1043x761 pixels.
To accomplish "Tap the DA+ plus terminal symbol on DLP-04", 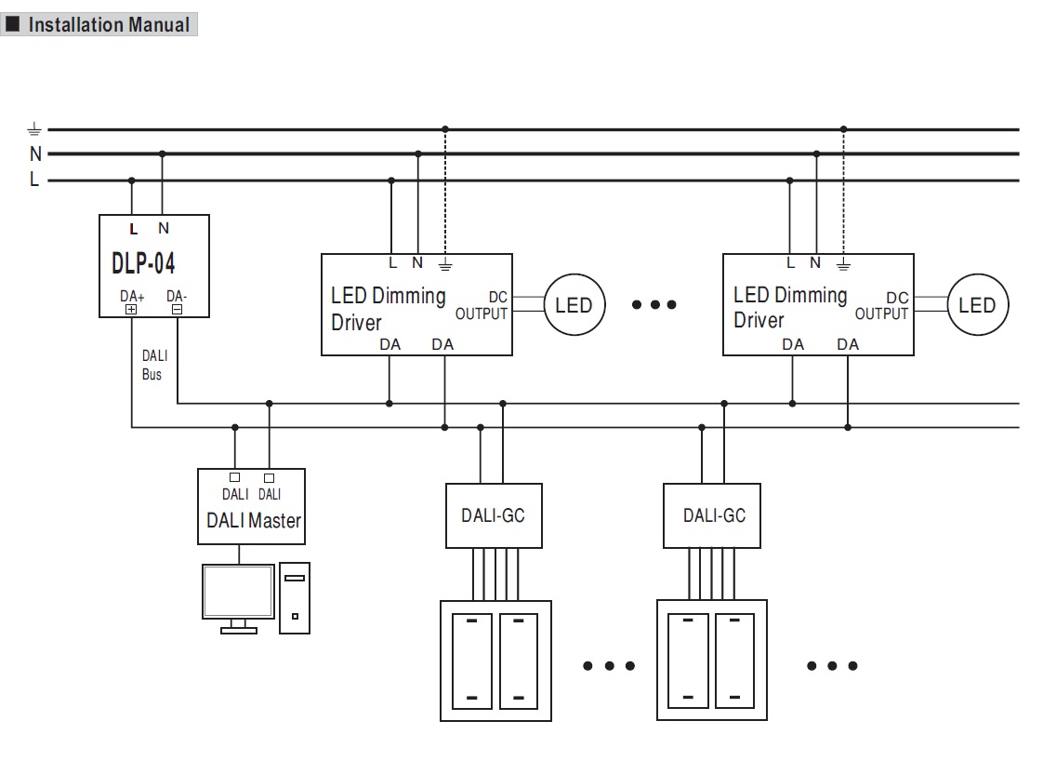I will (131, 310).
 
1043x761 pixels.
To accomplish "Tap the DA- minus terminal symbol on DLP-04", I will (177, 310).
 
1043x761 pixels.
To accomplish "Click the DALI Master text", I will (253, 521).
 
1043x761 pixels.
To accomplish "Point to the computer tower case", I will (295, 598).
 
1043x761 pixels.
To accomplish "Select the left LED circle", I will (574, 305).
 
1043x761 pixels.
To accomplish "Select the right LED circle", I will (977, 305).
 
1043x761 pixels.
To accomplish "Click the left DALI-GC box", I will (493, 514).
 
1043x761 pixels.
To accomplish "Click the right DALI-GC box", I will (713, 514).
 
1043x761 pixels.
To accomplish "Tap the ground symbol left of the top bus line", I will (34, 129).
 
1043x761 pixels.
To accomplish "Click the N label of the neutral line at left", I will (35, 154).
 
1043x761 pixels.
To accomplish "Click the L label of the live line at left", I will (34, 180).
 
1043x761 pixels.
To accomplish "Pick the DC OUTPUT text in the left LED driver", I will (482, 305).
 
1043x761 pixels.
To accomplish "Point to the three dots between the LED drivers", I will (654, 305).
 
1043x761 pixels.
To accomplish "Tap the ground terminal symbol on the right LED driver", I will (843, 265).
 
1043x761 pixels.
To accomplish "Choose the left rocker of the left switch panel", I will (472, 659).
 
